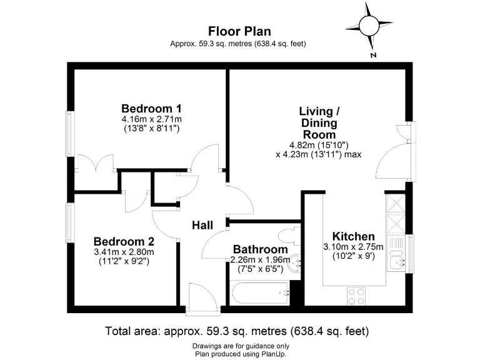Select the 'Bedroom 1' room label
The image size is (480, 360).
(147, 107)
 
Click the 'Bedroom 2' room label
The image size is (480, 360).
(124, 241)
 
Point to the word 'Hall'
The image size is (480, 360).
(202, 225)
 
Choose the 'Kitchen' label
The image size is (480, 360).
(353, 236)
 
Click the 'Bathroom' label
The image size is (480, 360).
(261, 249)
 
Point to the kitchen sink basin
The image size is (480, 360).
(396, 258)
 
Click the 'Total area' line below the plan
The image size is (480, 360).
(240, 331)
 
